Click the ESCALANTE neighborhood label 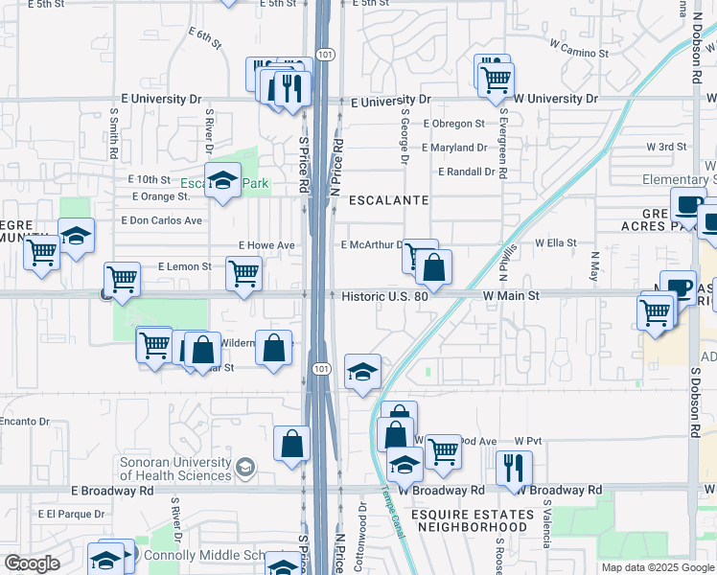(388, 201)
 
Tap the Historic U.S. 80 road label (386, 297)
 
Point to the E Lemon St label (184, 265)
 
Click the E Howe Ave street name (266, 245)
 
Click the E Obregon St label (453, 124)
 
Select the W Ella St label (555, 243)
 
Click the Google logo (32, 563)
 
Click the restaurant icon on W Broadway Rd (514, 467)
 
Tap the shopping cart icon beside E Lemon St (243, 272)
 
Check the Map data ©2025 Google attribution (658, 567)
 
